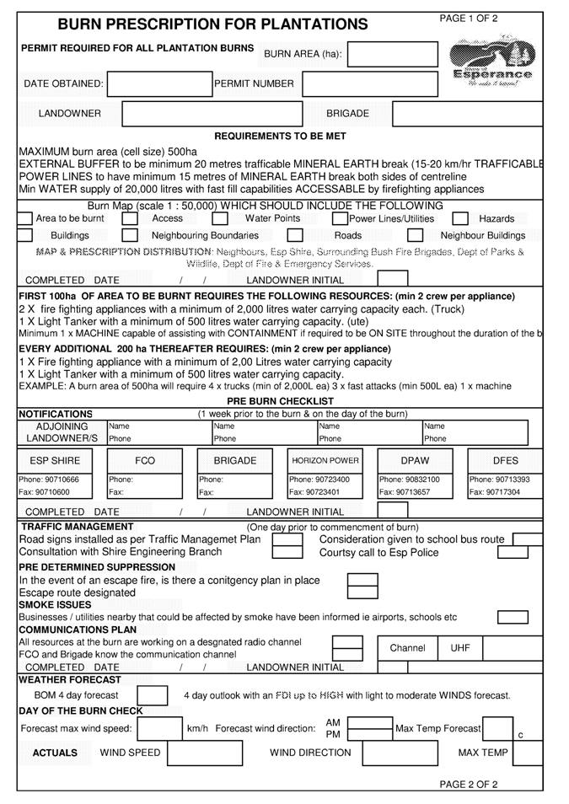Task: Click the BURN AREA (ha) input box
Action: pos(392,55)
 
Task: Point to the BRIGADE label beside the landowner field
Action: pos(347,113)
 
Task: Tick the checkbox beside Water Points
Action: pos(318,218)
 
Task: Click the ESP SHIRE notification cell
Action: pos(56,460)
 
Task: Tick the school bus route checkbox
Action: pos(526,539)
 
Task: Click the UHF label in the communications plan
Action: pos(459,648)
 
